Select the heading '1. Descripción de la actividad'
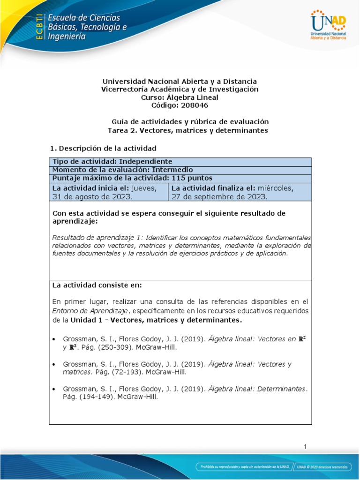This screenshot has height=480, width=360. pyautogui.click(x=103, y=148)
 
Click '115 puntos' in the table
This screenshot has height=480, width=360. pyautogui.click(x=192, y=178)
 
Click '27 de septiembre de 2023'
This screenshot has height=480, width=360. pyautogui.click(x=219, y=196)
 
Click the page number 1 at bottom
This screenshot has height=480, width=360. pyautogui.click(x=305, y=447)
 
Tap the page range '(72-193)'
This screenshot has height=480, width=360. pyautogui.click(x=114, y=372)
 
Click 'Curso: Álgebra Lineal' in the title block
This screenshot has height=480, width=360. pyautogui.click(x=180, y=97)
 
